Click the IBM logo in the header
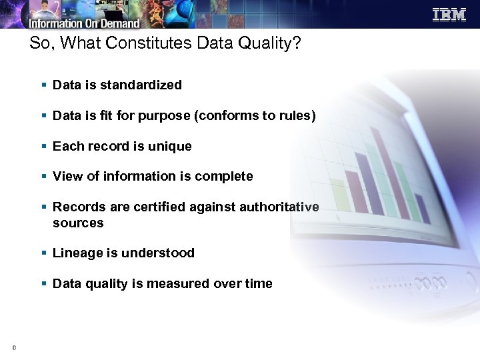tap(449, 14)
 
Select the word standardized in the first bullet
tap(143, 85)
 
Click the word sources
tap(78, 223)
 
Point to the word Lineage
tap(75, 253)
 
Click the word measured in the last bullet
tap(178, 284)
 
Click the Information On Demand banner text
tap(84, 23)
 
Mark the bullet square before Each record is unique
tap(43, 147)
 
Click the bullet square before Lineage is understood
tap(43, 253)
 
